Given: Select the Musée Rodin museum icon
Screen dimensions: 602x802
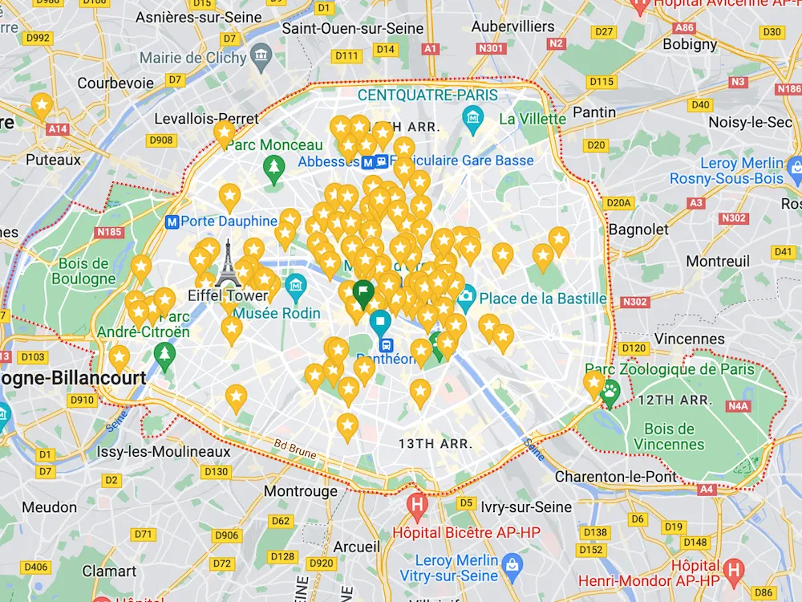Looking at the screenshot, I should pyautogui.click(x=296, y=284).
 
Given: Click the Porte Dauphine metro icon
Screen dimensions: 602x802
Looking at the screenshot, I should pyautogui.click(x=171, y=222).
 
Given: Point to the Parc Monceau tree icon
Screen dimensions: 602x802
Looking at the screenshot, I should pyautogui.click(x=274, y=167).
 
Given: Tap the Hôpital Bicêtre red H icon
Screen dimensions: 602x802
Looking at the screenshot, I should pyautogui.click(x=416, y=506).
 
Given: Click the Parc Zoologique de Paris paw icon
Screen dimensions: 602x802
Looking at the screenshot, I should pyautogui.click(x=610, y=393).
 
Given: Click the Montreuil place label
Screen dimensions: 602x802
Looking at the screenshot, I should pyautogui.click(x=718, y=261).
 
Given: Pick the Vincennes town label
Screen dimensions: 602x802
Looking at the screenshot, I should pyautogui.click(x=689, y=339).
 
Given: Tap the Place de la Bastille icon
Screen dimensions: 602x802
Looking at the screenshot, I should pyautogui.click(x=466, y=299).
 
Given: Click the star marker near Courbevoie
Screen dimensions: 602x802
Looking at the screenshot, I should pyautogui.click(x=42, y=105).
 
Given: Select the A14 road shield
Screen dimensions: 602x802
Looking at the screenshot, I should pyautogui.click(x=58, y=128).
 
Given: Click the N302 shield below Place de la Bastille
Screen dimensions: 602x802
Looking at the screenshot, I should pyautogui.click(x=634, y=302).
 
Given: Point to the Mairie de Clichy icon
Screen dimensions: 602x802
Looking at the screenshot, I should pyautogui.click(x=261, y=55).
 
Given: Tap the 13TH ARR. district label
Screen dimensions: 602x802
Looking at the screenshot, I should pyautogui.click(x=435, y=443).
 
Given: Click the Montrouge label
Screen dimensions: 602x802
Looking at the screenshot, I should pyautogui.click(x=301, y=490).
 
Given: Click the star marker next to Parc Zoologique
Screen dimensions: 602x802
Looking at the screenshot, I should pyautogui.click(x=593, y=384).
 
